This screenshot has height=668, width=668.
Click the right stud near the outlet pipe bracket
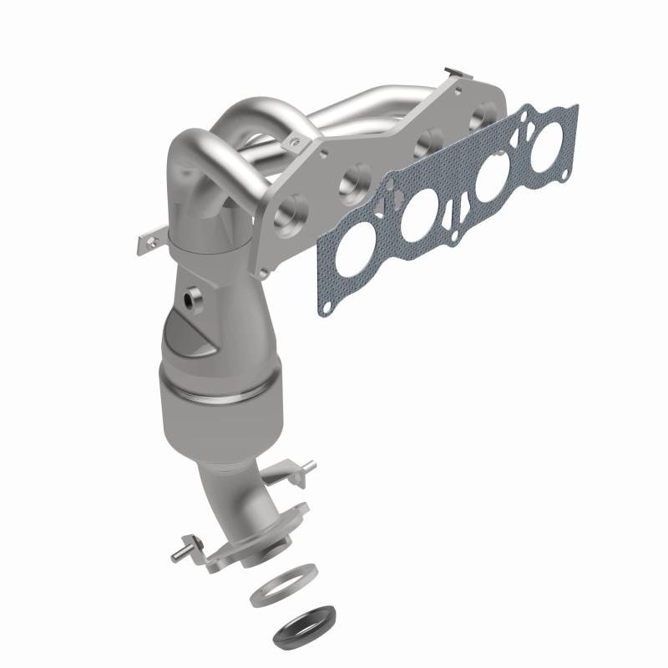[308, 465]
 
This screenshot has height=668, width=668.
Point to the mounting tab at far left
[144, 245]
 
